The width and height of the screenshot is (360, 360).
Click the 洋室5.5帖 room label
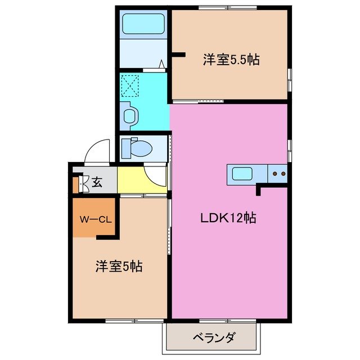point(231,59)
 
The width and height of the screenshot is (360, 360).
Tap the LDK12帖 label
point(228,218)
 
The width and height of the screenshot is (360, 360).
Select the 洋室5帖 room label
point(118,267)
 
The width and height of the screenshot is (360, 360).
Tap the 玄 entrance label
point(97,182)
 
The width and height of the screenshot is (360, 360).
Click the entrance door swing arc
point(94,150)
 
